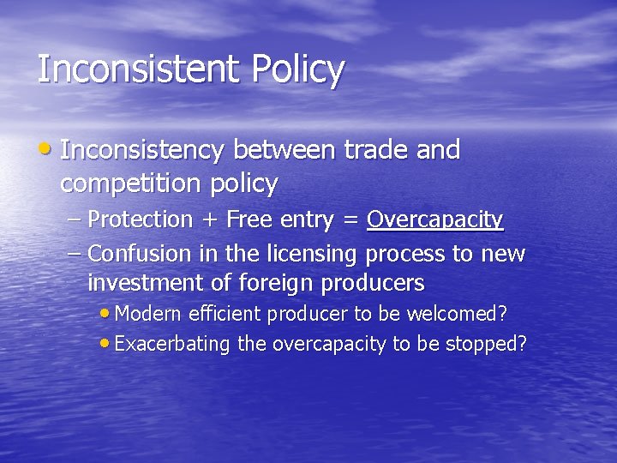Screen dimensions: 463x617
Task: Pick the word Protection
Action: (x=141, y=219)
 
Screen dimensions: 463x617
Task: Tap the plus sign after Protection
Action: (x=209, y=220)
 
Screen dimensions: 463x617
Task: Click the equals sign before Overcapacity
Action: (x=350, y=220)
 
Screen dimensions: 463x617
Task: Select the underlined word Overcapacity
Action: (x=434, y=220)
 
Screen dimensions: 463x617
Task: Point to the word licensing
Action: (x=315, y=255)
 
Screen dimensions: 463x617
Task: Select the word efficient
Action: (x=222, y=314)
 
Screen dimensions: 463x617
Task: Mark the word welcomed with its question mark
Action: (x=464, y=314)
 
